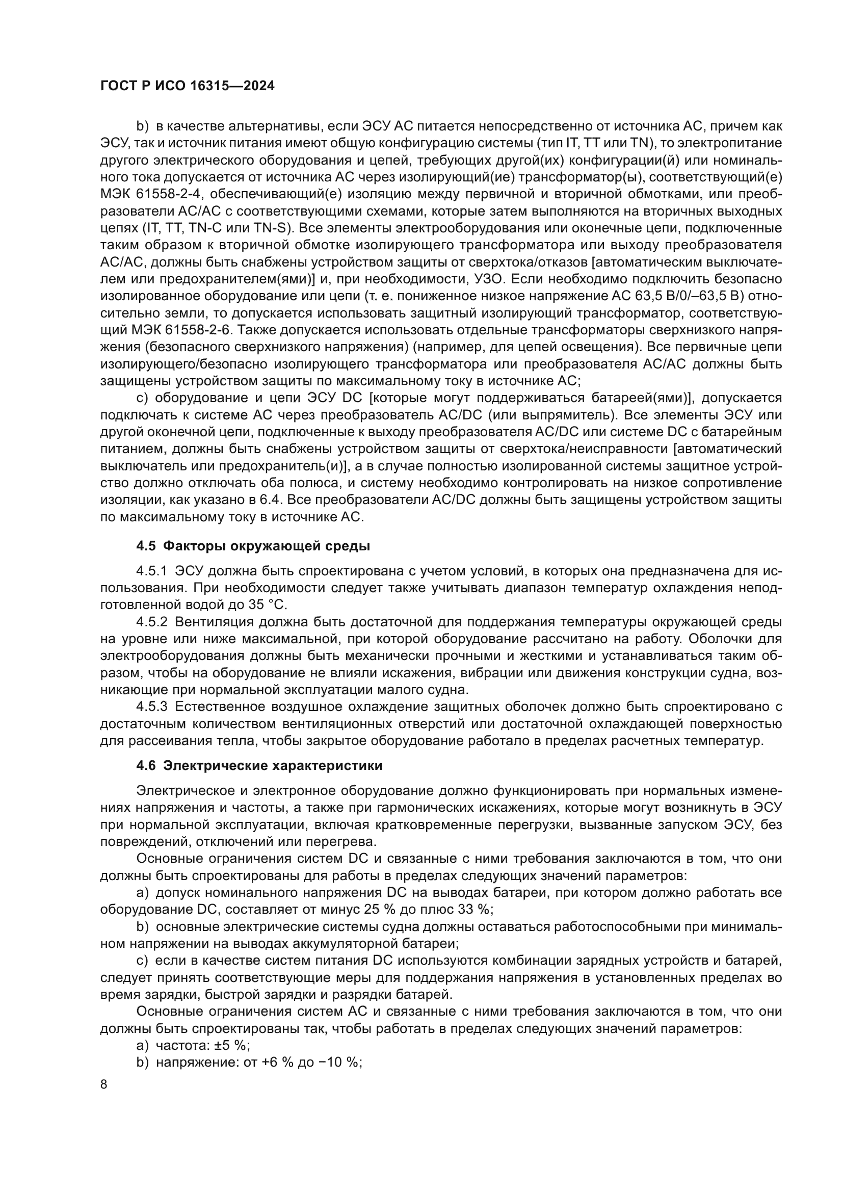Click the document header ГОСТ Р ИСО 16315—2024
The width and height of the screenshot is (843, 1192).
coord(187,86)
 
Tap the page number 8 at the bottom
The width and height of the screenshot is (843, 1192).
coord(104,1084)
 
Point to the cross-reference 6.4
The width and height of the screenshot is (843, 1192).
coord(271,500)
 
